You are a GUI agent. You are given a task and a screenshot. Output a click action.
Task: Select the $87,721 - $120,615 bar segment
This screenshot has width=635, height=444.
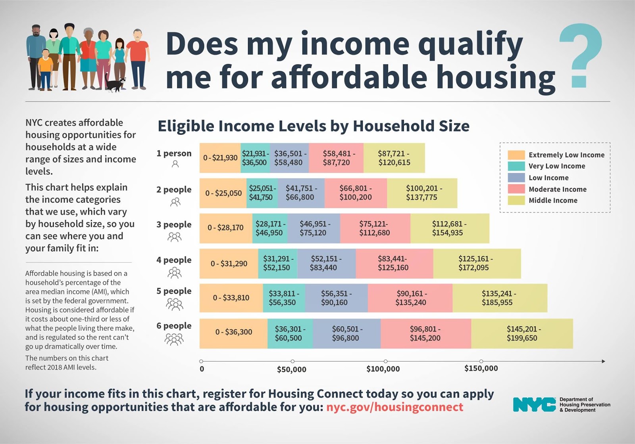[394, 158]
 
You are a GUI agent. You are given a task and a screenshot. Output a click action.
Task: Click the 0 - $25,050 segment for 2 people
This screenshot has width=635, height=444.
[223, 193]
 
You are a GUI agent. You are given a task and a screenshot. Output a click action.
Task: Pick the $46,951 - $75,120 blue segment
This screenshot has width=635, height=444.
[314, 228]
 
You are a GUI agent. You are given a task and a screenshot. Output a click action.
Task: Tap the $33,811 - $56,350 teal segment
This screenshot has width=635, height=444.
[284, 298]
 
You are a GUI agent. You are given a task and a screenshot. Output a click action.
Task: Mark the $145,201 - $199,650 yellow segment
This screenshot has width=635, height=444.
[522, 333]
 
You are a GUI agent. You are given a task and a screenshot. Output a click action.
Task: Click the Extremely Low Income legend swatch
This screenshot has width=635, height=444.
[516, 155]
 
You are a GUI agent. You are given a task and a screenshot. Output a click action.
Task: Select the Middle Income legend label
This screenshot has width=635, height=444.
[553, 201]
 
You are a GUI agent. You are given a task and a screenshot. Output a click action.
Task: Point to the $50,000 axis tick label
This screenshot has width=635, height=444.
[292, 369]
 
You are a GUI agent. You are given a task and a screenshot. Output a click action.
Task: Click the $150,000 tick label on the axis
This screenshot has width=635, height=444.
[481, 368]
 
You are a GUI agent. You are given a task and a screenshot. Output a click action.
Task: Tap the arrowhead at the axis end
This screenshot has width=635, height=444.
[603, 361]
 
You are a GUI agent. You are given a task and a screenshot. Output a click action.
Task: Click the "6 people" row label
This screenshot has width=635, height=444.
[174, 326]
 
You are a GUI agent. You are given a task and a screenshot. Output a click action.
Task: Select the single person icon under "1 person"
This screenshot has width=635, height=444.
[175, 164]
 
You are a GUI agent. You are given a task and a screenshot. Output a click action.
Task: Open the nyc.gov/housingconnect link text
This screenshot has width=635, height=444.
[394, 407]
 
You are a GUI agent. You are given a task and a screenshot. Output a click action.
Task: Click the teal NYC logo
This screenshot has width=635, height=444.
[534, 405]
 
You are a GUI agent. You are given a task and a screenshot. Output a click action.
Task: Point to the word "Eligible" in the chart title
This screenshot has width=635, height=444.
[185, 126]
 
